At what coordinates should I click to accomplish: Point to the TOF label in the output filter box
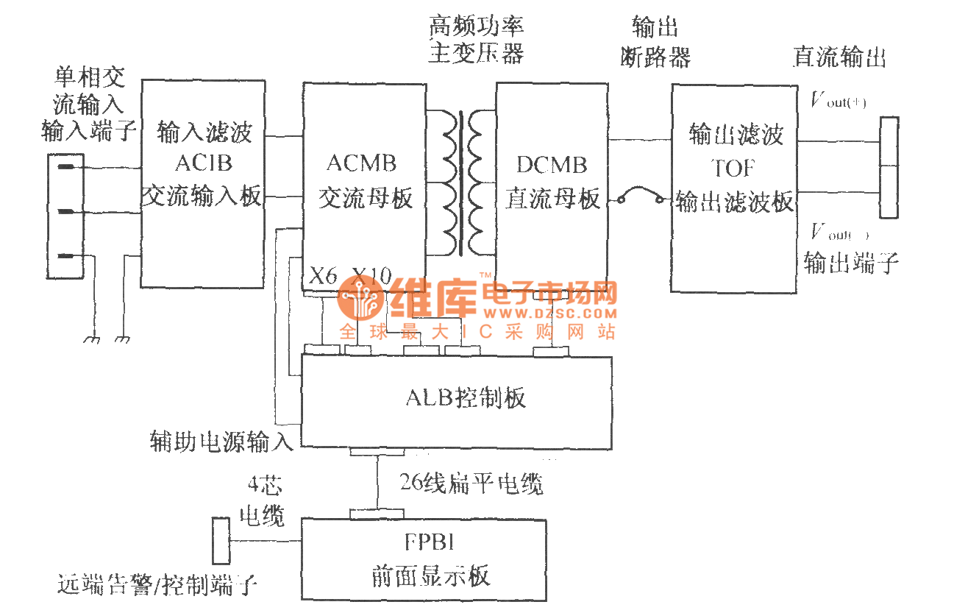(x=733, y=168)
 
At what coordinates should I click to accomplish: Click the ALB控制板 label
(x=466, y=398)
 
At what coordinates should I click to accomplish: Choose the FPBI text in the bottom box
(x=430, y=542)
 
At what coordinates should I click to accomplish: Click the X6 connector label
(x=323, y=277)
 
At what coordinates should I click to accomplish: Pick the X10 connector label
(x=371, y=277)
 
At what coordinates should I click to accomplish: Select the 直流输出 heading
(x=839, y=57)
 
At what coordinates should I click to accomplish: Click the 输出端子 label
(x=851, y=263)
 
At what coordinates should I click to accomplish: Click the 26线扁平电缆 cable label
(x=471, y=483)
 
